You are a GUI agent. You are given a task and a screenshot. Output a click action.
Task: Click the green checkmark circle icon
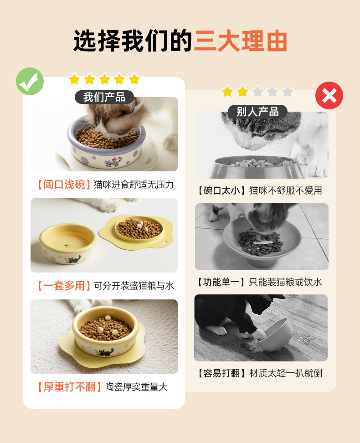point(30,81)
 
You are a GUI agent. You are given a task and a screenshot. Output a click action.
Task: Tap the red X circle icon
point(329,96)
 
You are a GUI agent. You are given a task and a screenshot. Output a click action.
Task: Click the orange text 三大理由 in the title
point(241,41)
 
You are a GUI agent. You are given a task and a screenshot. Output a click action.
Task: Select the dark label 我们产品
point(104,97)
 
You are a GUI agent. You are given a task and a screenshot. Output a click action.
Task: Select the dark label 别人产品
point(257,112)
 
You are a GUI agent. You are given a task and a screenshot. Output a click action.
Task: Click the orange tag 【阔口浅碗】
point(63,185)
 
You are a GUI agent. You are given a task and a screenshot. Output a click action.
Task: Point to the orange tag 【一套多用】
point(63,286)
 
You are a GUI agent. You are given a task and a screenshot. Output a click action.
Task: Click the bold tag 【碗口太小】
point(221,191)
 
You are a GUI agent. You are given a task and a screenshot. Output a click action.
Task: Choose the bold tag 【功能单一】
point(221,282)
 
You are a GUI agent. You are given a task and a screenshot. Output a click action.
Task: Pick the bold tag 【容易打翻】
point(221,373)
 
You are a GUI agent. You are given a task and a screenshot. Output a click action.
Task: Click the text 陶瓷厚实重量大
point(136,387)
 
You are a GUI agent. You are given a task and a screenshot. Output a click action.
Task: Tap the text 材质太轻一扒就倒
point(286,373)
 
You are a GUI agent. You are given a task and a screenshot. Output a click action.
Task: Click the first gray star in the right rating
point(257,92)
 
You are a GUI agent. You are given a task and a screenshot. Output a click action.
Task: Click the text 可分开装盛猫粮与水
point(134,286)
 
